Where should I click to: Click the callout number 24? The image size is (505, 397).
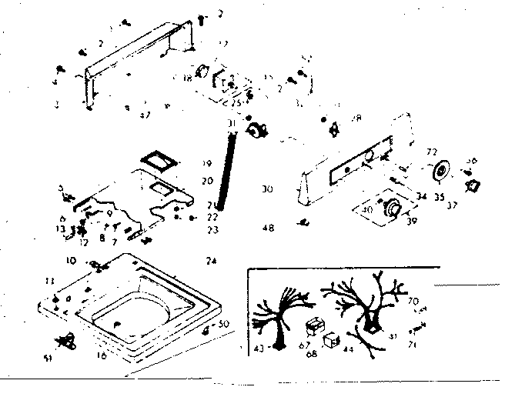pyautogui.click(x=210, y=261)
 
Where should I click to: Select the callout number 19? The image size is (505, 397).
pyautogui.click(x=207, y=164)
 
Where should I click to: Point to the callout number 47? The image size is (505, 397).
pyautogui.click(x=144, y=115)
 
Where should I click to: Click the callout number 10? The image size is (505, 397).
pyautogui.click(x=71, y=259)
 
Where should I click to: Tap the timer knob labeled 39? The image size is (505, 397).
pyautogui.click(x=393, y=208)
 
